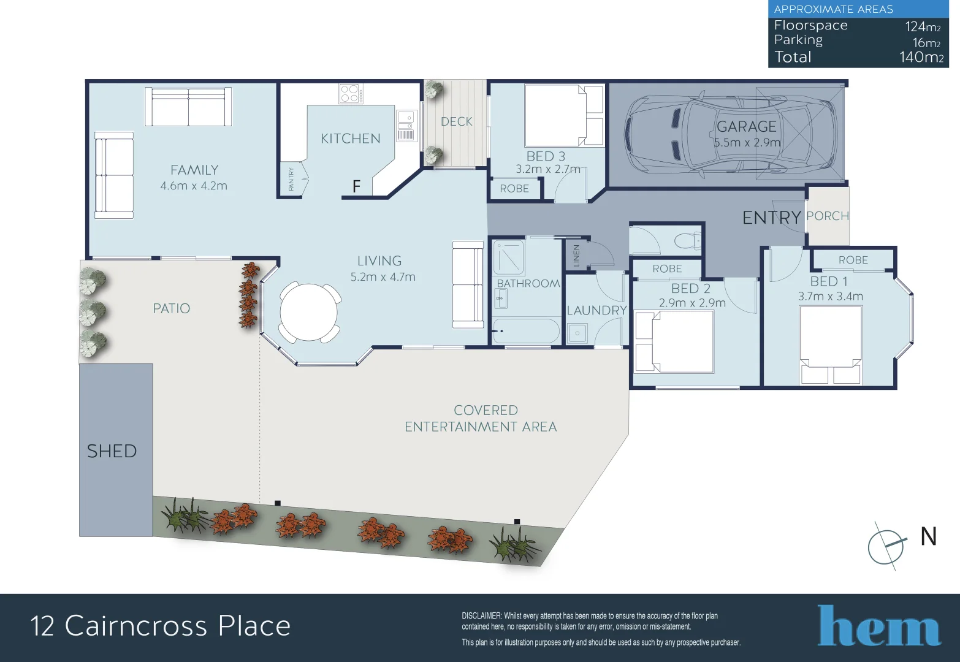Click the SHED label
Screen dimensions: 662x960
112,451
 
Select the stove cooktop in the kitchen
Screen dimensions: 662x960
351,93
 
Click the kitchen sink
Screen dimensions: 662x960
406,117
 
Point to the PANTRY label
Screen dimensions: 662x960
291,180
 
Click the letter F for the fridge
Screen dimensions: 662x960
356,186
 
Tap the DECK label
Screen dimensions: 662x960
457,121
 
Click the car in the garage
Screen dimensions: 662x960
730,134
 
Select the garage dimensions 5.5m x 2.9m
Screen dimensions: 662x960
747,142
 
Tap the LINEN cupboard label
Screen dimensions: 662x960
576,256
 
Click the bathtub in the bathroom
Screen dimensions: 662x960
527,332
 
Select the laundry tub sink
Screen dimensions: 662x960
577,333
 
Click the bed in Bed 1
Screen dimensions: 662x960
831,343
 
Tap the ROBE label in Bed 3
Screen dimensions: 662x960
514,189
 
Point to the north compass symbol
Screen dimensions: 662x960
886,546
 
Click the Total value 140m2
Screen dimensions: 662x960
921,57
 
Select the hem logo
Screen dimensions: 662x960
878,626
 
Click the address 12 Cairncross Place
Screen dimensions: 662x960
161,626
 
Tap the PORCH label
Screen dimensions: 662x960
828,216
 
